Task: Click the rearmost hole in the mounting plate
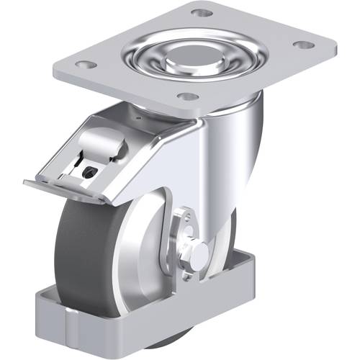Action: click(x=202, y=12)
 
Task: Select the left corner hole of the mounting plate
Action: click(x=86, y=64)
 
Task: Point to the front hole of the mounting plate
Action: click(x=187, y=96)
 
